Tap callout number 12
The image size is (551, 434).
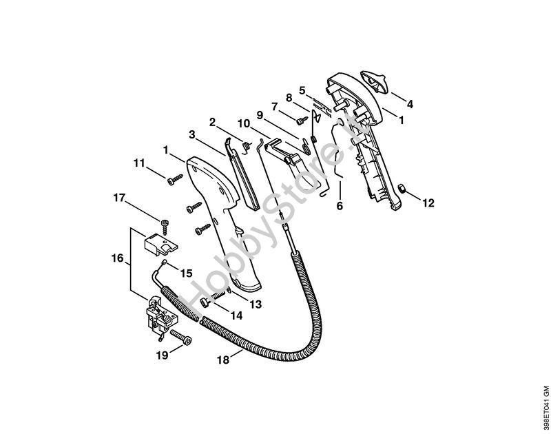click(x=428, y=203)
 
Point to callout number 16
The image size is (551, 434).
click(x=117, y=259)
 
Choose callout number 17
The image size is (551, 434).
click(x=119, y=198)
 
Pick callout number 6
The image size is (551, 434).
click(x=340, y=205)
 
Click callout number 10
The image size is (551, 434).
click(x=243, y=123)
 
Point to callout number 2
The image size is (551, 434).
click(x=213, y=122)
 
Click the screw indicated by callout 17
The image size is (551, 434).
click(x=165, y=222)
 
